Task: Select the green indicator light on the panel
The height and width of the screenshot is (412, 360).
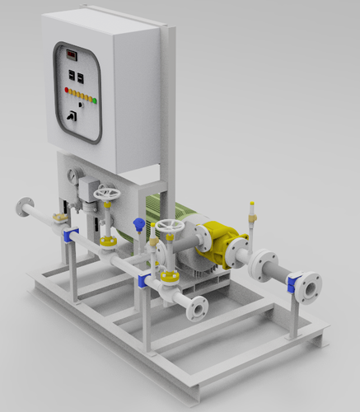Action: (95, 101)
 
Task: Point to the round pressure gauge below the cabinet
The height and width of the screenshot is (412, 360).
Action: (74, 176)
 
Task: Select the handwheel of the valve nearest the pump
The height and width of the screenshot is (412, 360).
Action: (171, 227)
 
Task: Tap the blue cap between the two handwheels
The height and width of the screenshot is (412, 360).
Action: (140, 223)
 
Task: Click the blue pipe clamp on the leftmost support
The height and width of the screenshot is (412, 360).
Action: (71, 236)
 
